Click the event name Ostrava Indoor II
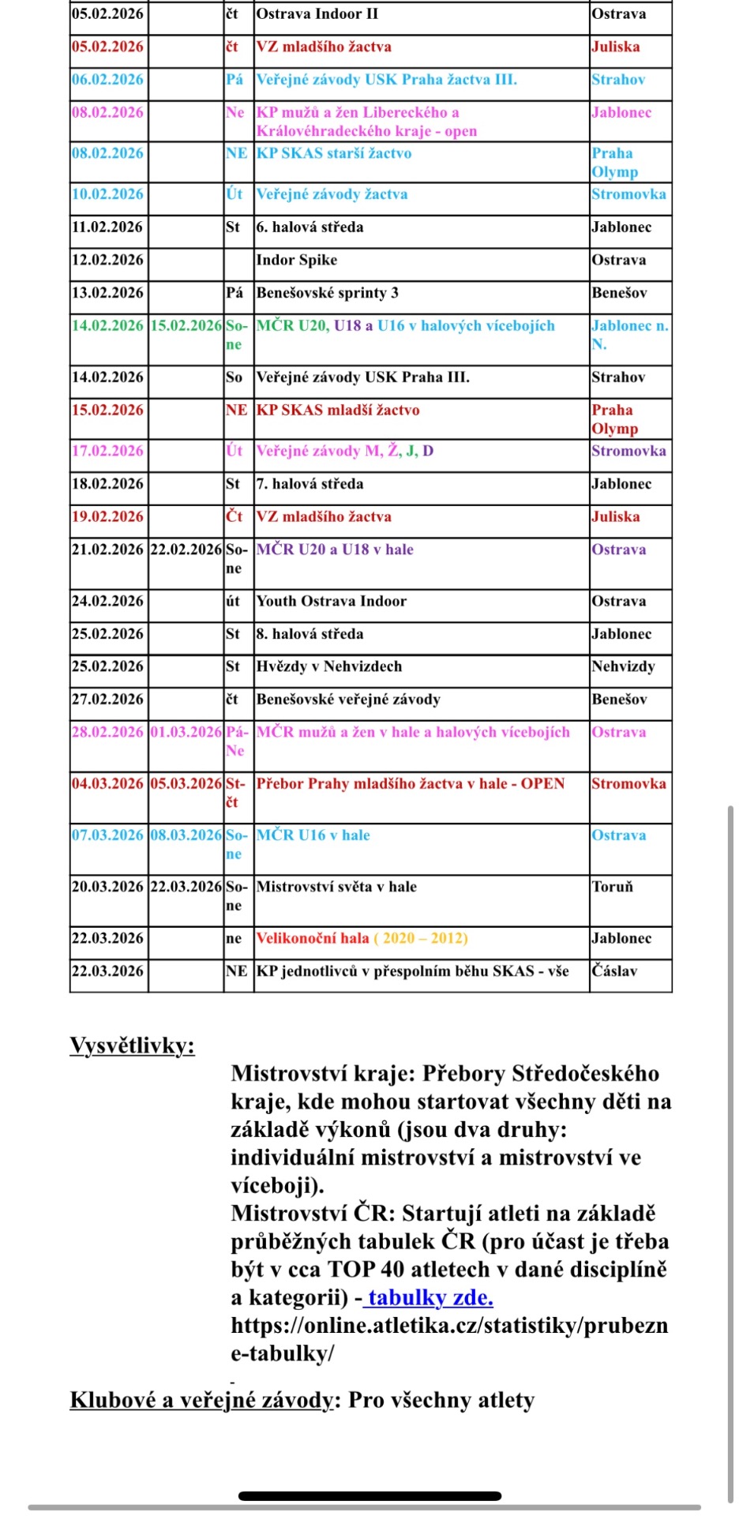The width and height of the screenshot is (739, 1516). point(317,14)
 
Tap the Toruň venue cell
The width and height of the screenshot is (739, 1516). point(613,887)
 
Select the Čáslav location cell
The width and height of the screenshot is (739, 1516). point(615,971)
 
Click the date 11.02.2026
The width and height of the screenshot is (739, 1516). point(108,227)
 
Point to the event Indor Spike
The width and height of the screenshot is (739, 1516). point(297,261)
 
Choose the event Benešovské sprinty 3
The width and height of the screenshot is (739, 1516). point(328,293)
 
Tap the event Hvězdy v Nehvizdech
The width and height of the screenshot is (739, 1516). point(329,666)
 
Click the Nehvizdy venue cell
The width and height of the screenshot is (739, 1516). point(624,666)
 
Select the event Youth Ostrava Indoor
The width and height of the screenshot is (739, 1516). point(332,601)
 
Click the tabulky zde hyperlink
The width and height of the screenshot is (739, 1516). point(430,1297)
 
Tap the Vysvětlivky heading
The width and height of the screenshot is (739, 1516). point(132,1045)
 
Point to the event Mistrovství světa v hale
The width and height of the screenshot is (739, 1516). point(336,887)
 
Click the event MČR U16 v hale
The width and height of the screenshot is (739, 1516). point(313,835)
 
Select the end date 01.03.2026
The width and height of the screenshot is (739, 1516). point(186,732)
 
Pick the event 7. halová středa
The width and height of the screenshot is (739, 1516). point(310,484)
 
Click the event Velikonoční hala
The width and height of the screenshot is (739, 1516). point(313,938)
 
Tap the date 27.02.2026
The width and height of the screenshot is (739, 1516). point(108,700)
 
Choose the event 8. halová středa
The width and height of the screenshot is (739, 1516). point(310,634)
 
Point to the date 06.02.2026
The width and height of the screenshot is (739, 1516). point(108,80)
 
